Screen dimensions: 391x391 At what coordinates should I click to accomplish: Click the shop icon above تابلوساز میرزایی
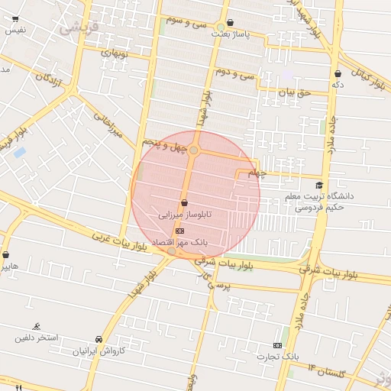[x=184, y=203]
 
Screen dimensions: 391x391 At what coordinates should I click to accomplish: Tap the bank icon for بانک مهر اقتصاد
[x=179, y=230]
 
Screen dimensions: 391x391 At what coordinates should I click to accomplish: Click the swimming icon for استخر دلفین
[x=37, y=326]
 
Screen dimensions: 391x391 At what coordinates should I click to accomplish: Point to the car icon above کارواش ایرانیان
[x=99, y=339]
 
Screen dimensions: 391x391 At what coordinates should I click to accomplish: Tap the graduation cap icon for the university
[x=319, y=185]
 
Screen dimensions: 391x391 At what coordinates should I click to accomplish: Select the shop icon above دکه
[x=338, y=73]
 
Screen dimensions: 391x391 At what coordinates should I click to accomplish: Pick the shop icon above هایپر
[x=6, y=255]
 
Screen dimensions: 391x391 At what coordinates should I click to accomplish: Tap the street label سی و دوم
[x=235, y=73]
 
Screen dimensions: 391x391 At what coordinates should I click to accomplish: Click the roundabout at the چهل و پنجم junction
[x=195, y=150]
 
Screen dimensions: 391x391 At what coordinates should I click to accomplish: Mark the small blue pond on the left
[x=19, y=153]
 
